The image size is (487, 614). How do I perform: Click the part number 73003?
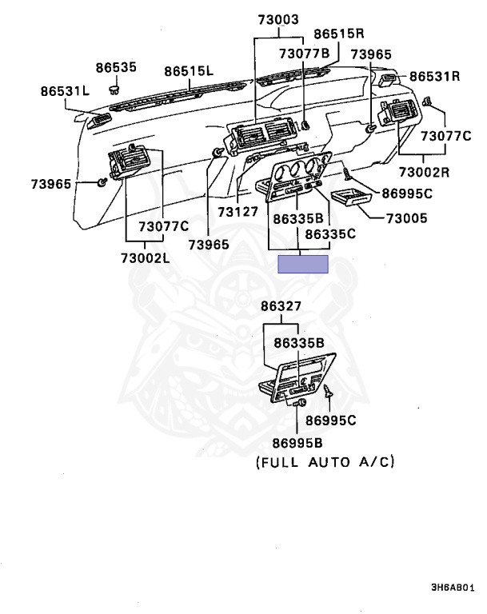[278, 19]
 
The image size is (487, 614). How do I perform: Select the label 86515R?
[339, 34]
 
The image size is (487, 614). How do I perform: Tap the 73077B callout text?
[305, 54]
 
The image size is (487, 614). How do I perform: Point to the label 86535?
[116, 67]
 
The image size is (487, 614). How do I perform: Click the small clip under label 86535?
[114, 90]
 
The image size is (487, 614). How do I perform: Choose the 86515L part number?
[189, 71]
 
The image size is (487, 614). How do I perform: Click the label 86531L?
[65, 91]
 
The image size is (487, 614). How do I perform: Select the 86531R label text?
[434, 76]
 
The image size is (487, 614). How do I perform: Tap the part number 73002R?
[425, 172]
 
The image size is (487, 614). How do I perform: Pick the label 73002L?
[146, 258]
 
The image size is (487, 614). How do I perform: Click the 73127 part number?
[238, 212]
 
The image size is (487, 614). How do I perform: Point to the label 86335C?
[330, 234]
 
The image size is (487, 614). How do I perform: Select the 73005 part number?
[407, 218]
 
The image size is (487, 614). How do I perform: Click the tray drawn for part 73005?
[350, 198]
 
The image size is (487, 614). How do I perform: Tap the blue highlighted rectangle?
[303, 264]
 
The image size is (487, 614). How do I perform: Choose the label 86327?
[281, 306]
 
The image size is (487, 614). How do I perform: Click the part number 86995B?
[297, 443]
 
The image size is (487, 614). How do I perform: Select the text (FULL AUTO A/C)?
[325, 462]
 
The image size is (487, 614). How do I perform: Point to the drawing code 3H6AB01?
[453, 588]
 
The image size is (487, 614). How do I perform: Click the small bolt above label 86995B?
[300, 403]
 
